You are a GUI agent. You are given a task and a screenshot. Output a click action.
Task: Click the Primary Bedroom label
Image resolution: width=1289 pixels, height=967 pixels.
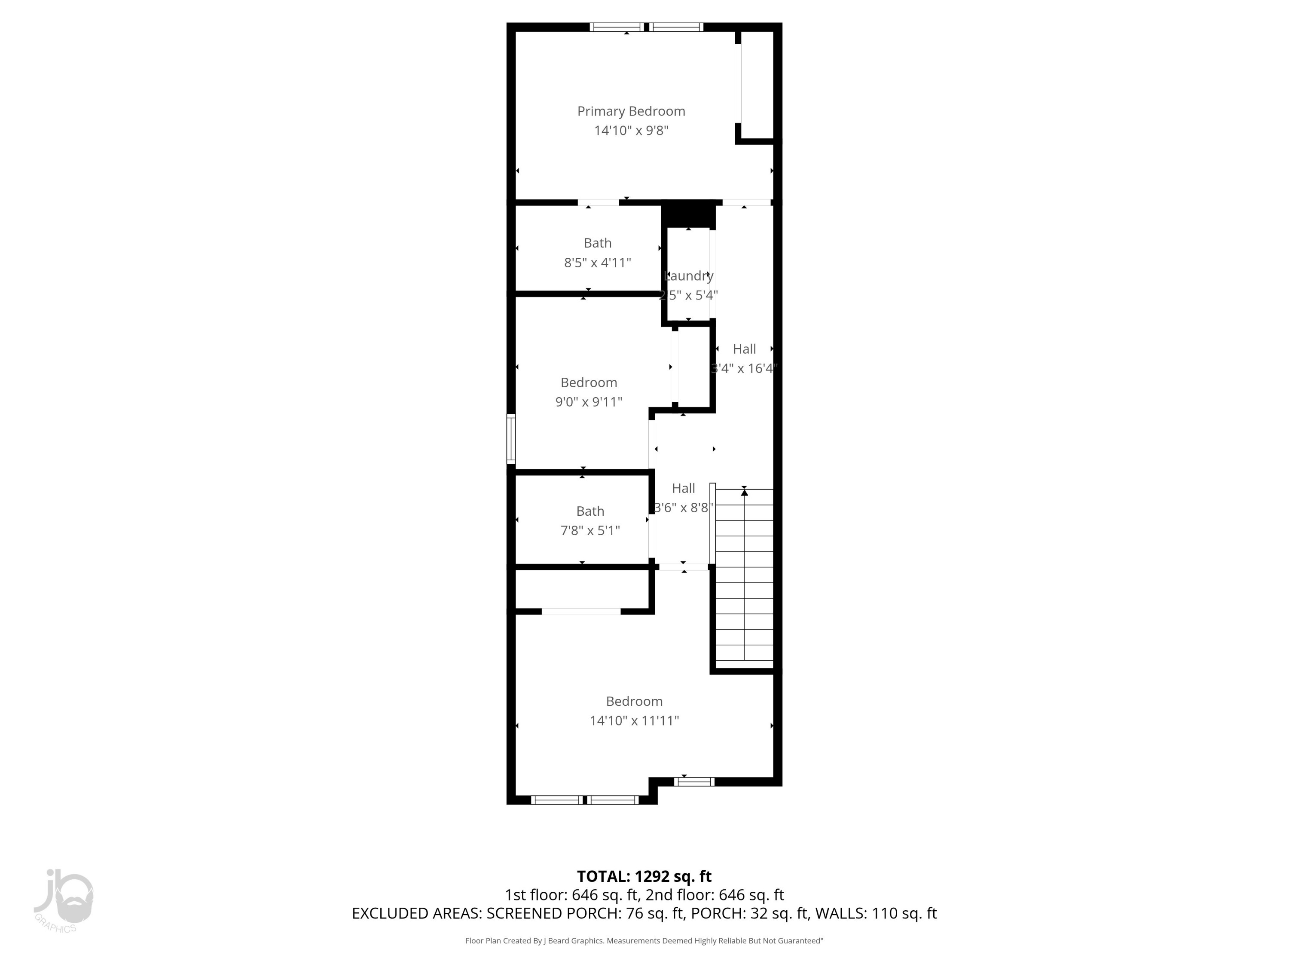tap(631, 111)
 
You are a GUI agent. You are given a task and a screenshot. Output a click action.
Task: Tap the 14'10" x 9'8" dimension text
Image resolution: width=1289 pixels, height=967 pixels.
tap(631, 131)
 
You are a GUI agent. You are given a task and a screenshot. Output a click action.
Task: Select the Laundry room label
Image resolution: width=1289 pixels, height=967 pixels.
tap(689, 276)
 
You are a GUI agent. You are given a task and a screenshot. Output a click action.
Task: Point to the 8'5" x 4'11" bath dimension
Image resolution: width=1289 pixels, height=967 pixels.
tap(597, 263)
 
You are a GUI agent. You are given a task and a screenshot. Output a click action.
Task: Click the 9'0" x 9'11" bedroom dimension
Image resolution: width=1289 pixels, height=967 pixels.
tap(589, 401)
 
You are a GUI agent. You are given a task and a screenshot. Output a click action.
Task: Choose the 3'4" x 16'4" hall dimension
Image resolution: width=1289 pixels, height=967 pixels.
tap(744, 368)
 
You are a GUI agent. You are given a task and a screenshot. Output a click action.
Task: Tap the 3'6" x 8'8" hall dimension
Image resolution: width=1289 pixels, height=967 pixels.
tap(684, 508)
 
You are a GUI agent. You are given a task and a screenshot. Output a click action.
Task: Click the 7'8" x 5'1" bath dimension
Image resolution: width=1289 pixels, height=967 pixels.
tap(590, 530)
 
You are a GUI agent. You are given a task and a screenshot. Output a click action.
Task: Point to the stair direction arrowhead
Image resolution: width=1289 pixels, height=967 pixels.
tap(744, 493)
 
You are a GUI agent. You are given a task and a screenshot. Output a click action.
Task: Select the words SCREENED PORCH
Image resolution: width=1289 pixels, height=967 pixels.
tap(553, 913)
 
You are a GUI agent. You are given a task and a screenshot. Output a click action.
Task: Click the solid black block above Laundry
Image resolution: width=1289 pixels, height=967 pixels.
tap(689, 214)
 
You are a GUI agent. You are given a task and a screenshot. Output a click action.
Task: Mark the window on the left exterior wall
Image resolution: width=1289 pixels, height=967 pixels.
tap(511, 438)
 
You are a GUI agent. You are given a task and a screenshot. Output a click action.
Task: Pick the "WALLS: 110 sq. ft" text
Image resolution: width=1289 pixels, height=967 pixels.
tap(876, 913)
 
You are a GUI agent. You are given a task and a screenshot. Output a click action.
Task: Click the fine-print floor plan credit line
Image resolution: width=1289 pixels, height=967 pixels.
tap(644, 941)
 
